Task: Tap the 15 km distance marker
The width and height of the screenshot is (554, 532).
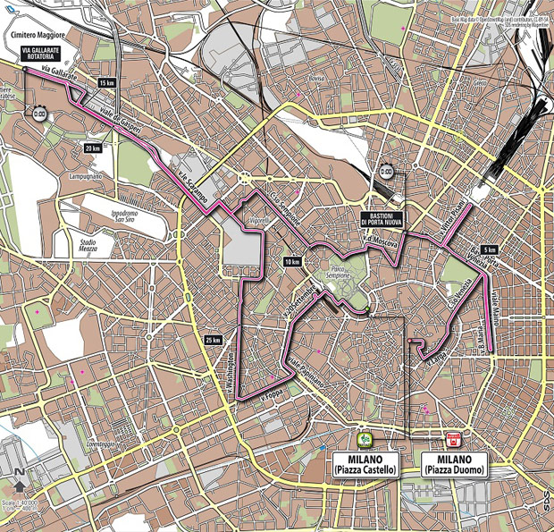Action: point(107,83)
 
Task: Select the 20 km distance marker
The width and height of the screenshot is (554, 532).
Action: point(92,148)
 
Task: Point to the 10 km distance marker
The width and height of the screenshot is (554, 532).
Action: point(291,262)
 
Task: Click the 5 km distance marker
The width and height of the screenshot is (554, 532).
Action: point(488,249)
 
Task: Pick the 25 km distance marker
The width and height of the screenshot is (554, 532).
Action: point(212,340)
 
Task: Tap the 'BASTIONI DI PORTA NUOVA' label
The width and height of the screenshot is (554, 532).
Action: point(389,216)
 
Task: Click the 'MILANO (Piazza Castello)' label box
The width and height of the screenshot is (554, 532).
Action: point(364,464)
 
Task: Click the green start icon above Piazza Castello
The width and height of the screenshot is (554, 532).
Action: point(364,440)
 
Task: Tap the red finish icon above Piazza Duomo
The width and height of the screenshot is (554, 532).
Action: point(452,440)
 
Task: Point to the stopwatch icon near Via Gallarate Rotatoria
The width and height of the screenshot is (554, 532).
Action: point(39,114)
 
